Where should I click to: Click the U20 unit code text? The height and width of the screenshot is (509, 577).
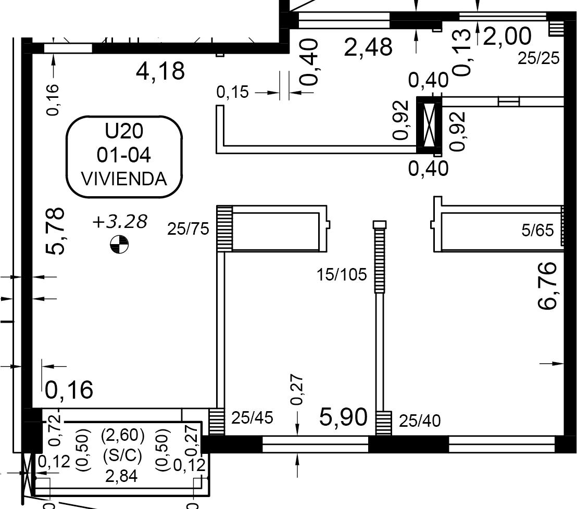(124, 131)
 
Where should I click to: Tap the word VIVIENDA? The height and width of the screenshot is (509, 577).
(124, 179)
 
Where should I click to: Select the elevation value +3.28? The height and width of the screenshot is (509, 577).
(120, 222)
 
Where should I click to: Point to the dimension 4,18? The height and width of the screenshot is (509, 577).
(160, 71)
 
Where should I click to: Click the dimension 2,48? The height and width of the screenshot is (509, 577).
(368, 47)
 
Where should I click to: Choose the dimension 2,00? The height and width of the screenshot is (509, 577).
(507, 36)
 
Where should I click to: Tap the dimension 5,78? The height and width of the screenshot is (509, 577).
(56, 231)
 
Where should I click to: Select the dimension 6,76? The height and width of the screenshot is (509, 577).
(547, 285)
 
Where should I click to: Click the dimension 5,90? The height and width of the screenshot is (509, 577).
(343, 417)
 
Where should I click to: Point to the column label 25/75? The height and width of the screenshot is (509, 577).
(188, 229)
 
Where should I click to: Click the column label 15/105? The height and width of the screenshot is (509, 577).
(342, 275)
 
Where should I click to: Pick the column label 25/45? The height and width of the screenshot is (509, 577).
(252, 418)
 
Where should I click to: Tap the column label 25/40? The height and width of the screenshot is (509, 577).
(420, 421)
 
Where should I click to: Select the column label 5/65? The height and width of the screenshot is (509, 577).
(537, 231)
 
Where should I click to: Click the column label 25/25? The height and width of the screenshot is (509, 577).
(538, 58)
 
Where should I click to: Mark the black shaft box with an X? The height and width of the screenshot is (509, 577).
(429, 125)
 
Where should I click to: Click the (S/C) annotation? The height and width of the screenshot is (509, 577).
(122, 456)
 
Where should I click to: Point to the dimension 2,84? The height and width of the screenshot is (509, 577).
(121, 476)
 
